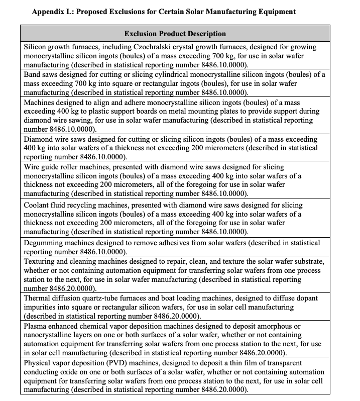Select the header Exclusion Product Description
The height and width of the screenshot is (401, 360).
point(175,34)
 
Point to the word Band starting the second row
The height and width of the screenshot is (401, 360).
point(33,74)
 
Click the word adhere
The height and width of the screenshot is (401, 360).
point(119,102)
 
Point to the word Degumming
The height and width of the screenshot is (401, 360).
point(44,243)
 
